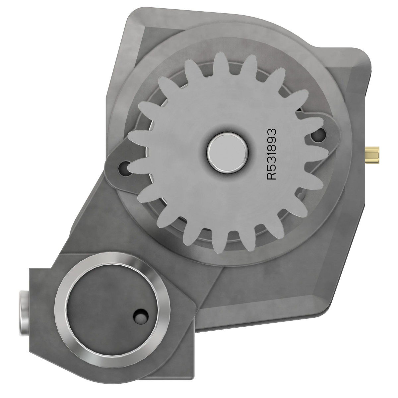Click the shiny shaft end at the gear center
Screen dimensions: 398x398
(228, 153)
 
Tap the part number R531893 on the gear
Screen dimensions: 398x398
(272, 154)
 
